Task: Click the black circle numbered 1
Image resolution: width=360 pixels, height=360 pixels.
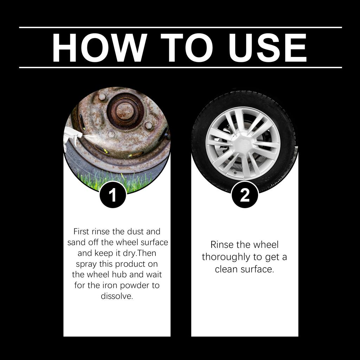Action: (112, 195)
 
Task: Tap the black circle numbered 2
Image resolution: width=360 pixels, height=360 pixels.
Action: (245, 195)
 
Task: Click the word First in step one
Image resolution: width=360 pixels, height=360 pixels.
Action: (81, 232)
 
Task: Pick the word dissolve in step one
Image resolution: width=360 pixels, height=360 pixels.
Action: (117, 296)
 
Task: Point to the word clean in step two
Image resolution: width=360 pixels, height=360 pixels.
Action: (226, 269)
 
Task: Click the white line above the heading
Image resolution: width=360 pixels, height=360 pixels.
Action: (180, 27)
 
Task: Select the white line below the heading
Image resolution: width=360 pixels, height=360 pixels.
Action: (180, 67)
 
